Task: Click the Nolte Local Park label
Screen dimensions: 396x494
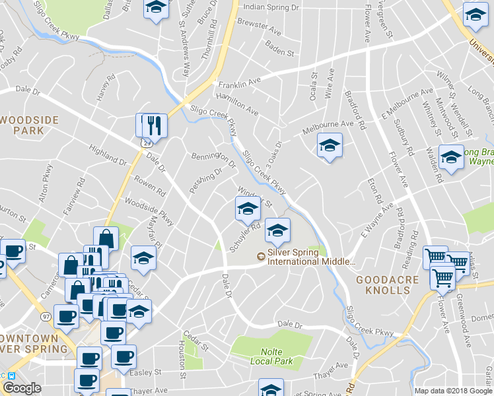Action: tap(271, 356)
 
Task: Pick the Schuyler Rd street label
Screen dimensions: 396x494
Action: tap(242, 236)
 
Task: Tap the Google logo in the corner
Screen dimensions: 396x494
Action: tap(21, 388)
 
